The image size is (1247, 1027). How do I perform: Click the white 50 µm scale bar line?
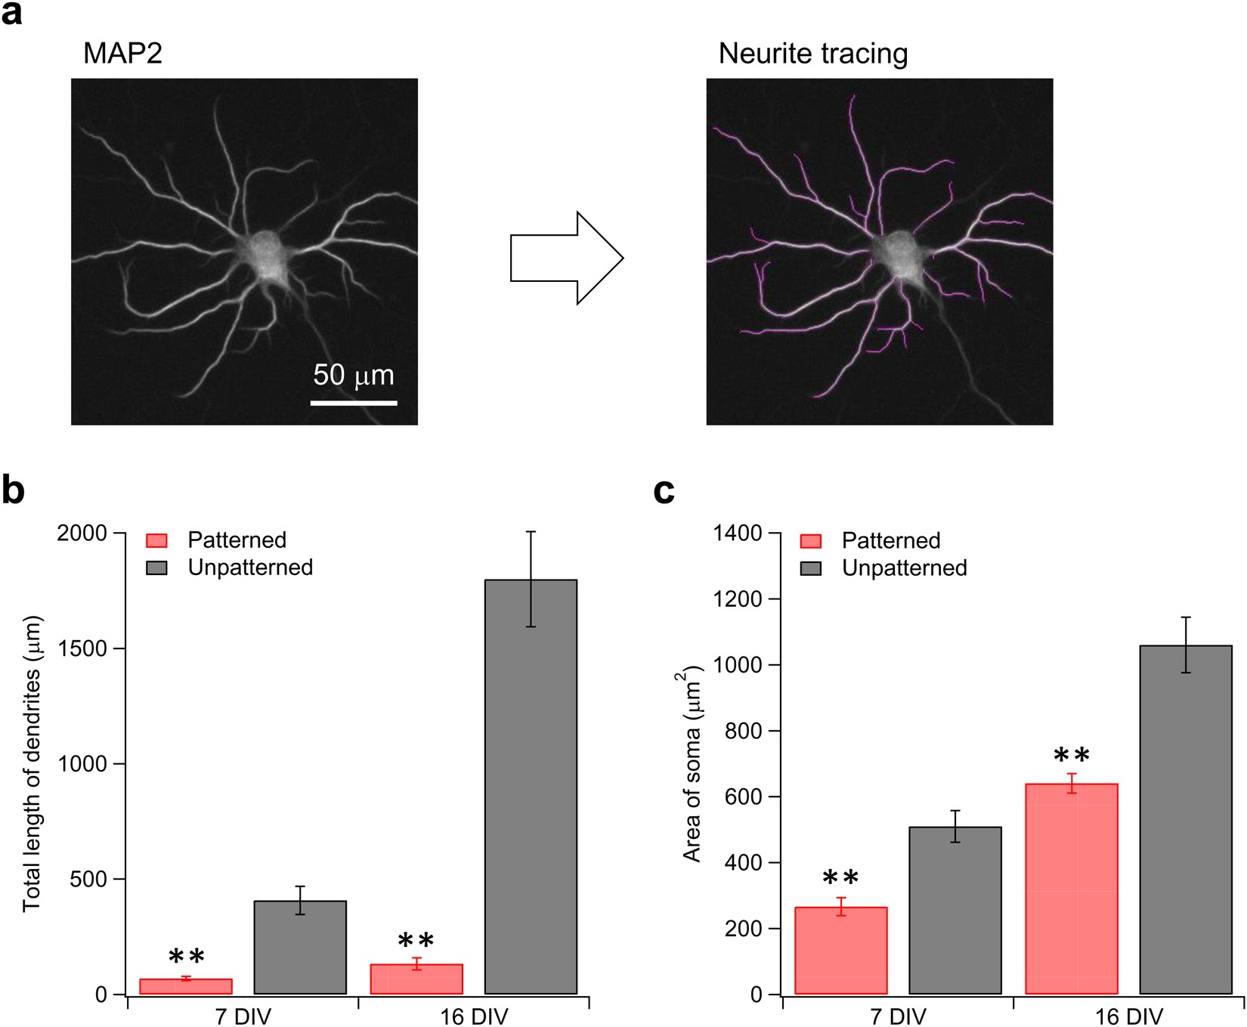pos(354,403)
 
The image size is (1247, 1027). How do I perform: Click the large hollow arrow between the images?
pos(566,258)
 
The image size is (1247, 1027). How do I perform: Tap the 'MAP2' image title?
pos(122,54)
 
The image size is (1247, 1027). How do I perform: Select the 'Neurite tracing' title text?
pos(812,54)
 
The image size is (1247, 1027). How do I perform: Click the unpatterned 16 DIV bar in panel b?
pos(531,786)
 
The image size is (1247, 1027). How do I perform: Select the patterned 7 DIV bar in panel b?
pos(186,986)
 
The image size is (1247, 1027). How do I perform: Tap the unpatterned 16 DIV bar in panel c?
pos(1186,820)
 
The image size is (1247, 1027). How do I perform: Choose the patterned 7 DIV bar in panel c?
pos(840,950)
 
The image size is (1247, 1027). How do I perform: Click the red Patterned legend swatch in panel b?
pos(156,540)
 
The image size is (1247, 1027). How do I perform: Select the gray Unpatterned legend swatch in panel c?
pos(811,568)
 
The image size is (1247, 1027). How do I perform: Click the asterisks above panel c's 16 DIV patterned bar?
pos(1071,755)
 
